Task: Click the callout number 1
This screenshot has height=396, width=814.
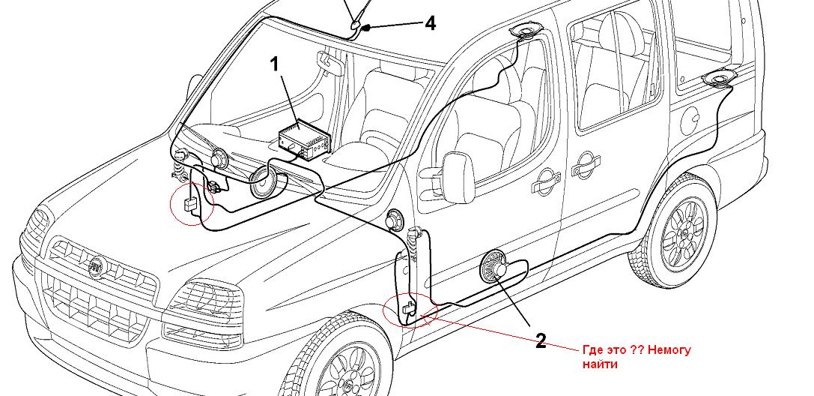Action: coord(274,64)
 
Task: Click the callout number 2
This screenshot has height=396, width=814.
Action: coord(540,341)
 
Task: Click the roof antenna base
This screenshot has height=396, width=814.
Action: coord(354,29)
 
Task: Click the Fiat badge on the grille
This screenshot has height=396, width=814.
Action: coord(95,265)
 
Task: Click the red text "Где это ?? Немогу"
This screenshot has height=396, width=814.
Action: coord(636,350)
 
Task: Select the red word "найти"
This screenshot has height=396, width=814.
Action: coord(600,364)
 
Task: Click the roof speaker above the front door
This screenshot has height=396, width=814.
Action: coord(527,31)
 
